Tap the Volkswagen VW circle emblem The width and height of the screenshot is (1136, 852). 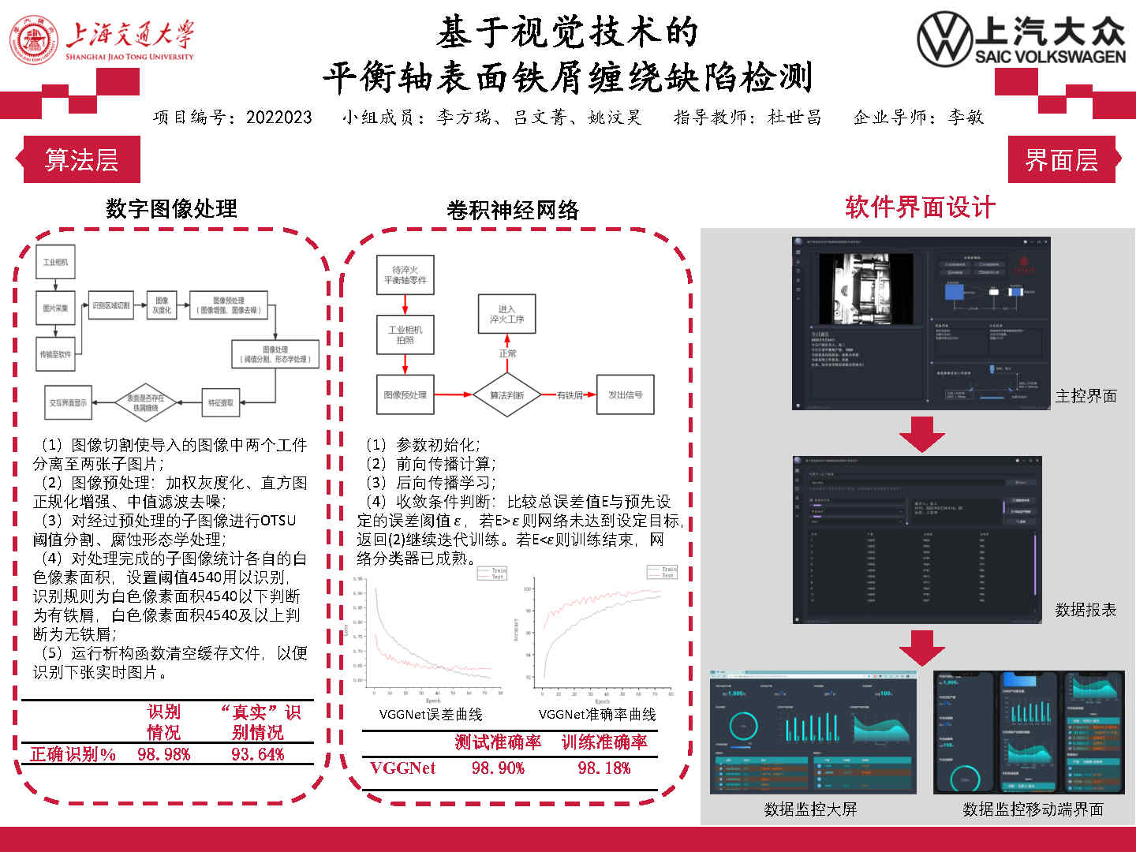pyautogui.click(x=944, y=38)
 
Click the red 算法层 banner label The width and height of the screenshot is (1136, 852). pyautogui.click(x=81, y=160)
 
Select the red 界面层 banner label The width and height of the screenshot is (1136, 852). pyautogui.click(x=1061, y=160)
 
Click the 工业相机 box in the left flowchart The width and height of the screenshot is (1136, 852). pyautogui.click(x=55, y=262)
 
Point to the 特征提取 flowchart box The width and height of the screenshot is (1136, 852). pyautogui.click(x=221, y=402)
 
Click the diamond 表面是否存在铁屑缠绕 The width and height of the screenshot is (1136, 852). pyautogui.click(x=146, y=402)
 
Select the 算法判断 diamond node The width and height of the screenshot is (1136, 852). pyautogui.click(x=506, y=394)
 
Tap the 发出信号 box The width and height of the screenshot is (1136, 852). pyautogui.click(x=625, y=394)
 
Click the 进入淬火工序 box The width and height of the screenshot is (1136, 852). pyautogui.click(x=506, y=314)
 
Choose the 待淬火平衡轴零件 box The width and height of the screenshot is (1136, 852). pyautogui.click(x=405, y=275)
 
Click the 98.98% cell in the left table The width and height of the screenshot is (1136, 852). pyautogui.click(x=164, y=754)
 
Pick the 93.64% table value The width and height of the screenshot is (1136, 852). pyautogui.click(x=258, y=754)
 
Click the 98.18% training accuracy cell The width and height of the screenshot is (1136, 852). pyautogui.click(x=604, y=768)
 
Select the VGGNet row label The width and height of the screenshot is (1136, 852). pyautogui.click(x=402, y=768)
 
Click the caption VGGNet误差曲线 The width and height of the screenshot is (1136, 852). pyautogui.click(x=431, y=714)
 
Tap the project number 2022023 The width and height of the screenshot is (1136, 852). pyautogui.click(x=278, y=118)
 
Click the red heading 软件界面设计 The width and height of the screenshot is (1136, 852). pyautogui.click(x=920, y=207)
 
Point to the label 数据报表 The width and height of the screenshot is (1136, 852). pyautogui.click(x=1086, y=610)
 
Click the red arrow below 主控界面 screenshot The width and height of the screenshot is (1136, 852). pyautogui.click(x=921, y=433)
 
